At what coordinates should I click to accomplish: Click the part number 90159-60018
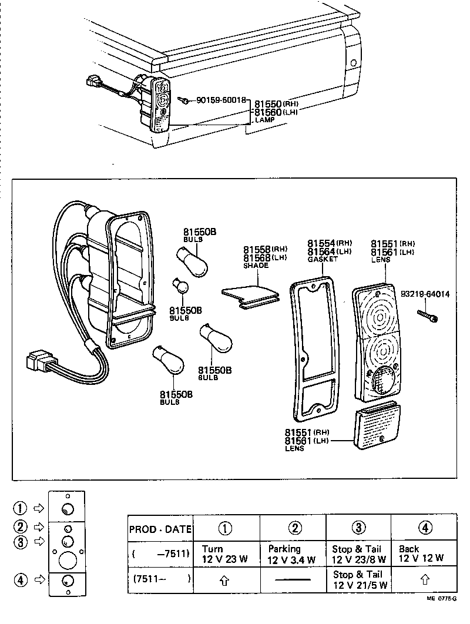coord(220,101)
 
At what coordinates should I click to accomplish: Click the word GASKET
coord(323,260)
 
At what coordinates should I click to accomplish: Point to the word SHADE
coord(256,266)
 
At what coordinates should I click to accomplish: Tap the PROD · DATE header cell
coord(160,529)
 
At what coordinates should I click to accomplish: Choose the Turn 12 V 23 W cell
coord(226,553)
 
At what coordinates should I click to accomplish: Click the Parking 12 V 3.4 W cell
coord(292,553)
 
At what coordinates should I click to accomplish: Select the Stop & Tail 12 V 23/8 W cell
coord(358,553)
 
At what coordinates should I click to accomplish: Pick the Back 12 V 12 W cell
coord(424,553)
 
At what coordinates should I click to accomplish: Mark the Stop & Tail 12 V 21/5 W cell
coord(358,579)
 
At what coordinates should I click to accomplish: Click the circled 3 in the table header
coord(358,528)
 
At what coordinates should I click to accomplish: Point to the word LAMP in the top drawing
coord(265,120)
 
